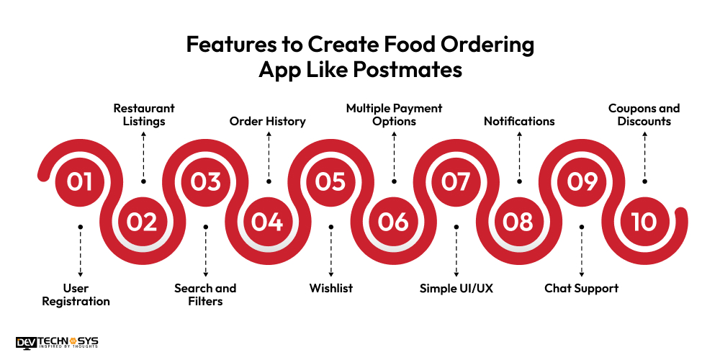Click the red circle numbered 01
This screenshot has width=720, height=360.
pos(80,181)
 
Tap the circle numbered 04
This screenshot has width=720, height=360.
pos(267,222)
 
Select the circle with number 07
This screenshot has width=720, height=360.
pos(456,181)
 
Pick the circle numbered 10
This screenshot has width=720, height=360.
pos(644,222)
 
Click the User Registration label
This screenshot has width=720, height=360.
pos(76,294)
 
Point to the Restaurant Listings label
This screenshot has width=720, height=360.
pos(144,114)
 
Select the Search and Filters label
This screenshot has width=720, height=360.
pos(205,294)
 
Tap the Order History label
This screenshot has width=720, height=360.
pos(268,121)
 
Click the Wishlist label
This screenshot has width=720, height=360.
pos(331,289)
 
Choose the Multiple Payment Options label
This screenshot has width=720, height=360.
pos(394,114)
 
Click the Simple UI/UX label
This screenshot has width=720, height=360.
pos(456,289)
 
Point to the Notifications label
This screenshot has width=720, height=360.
pos(519,121)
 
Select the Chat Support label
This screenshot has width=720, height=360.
pos(581,289)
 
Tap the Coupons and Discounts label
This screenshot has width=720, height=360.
pos(644,114)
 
